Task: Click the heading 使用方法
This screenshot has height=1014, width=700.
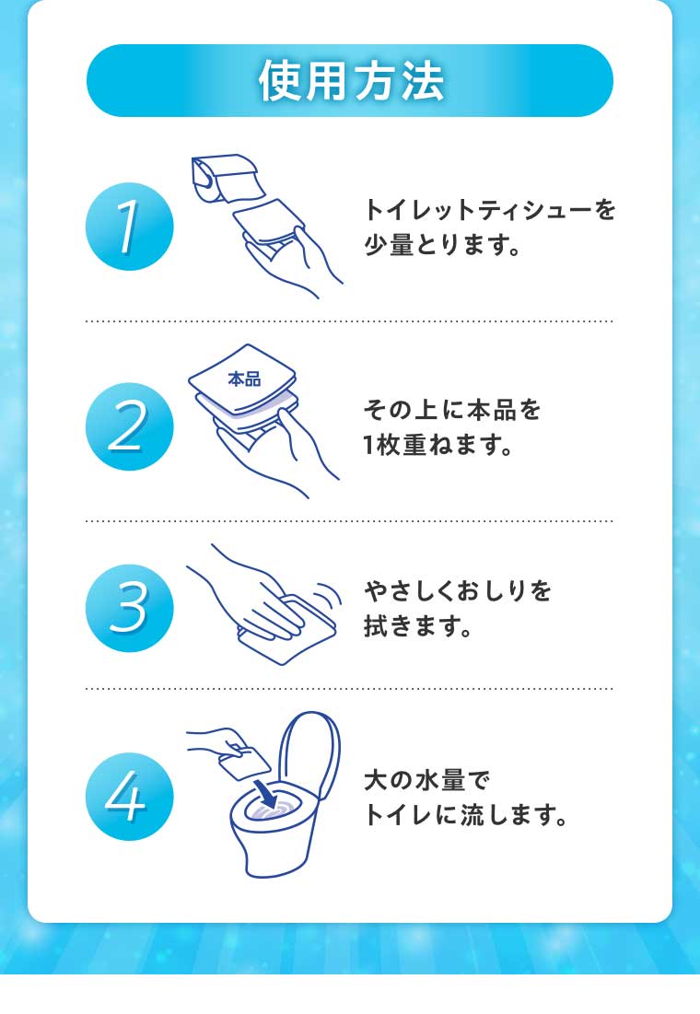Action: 350,82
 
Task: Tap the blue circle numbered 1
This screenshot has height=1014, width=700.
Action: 129,227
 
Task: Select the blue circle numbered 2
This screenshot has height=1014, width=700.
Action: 129,426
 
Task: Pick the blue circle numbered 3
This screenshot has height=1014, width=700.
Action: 129,608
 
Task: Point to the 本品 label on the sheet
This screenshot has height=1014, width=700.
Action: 244,379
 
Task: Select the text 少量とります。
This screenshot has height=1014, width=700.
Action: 443,248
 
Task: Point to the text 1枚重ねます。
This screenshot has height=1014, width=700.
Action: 437,447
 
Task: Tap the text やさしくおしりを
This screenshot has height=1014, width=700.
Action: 458,590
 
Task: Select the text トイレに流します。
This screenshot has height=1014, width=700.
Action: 465,816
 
